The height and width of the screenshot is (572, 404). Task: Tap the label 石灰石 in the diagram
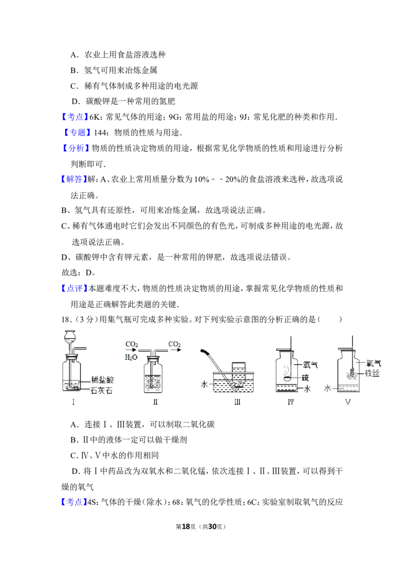tap(102, 391)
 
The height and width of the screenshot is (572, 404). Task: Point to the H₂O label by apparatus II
tap(131, 357)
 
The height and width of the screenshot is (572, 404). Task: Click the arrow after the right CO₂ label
tap(176, 350)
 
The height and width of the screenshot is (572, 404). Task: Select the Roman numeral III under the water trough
tap(237, 402)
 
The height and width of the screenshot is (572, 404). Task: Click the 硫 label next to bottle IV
tap(306, 377)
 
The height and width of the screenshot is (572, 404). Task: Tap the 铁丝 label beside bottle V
tap(373, 373)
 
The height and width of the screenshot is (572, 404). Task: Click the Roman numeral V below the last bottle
tap(348, 402)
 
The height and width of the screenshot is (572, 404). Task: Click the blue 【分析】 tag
tap(76, 148)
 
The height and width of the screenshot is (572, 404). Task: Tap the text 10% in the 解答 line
tap(201, 179)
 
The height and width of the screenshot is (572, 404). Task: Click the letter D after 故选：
tap(88, 272)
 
